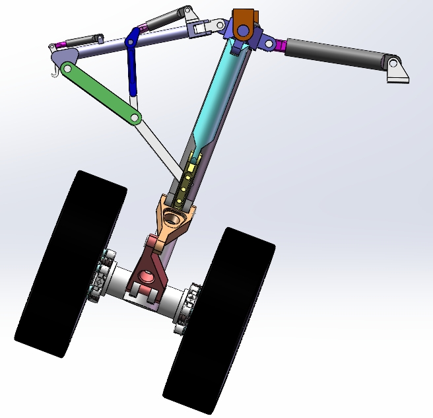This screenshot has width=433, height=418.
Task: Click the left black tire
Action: [69, 264]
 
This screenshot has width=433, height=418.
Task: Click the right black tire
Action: [220, 320]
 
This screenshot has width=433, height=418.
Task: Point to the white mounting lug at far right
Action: [397, 71]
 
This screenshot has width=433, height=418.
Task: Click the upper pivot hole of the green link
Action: [66, 68]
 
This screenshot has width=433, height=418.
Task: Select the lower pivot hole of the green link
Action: [135, 118]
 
